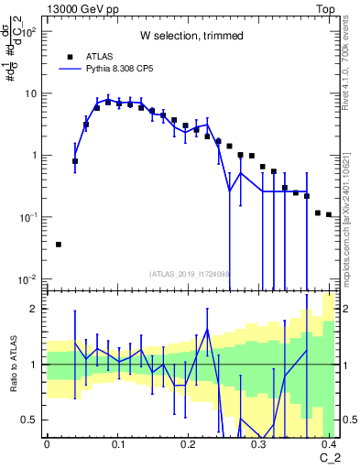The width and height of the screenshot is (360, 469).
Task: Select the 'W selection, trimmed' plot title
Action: coord(191,36)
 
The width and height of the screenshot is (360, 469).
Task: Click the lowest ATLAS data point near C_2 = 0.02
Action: coord(59,245)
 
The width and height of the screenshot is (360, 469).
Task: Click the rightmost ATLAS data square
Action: coord(329,215)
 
